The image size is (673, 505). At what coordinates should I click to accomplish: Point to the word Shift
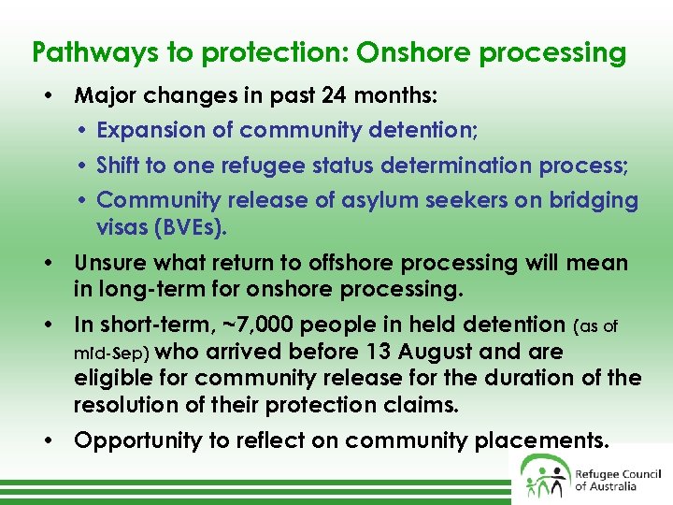tap(119, 166)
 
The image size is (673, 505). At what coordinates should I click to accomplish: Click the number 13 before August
tap(386, 353)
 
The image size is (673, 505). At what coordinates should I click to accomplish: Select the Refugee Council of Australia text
tap(618, 480)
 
